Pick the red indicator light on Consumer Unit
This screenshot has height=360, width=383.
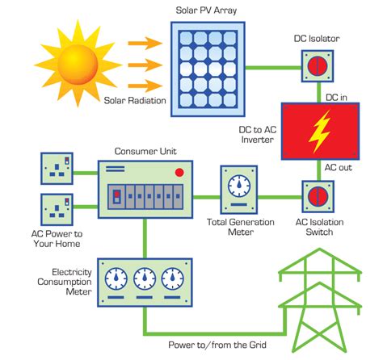pyautogui.click(x=180, y=172)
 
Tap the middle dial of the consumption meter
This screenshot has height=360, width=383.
pyautogui.click(x=145, y=279)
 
